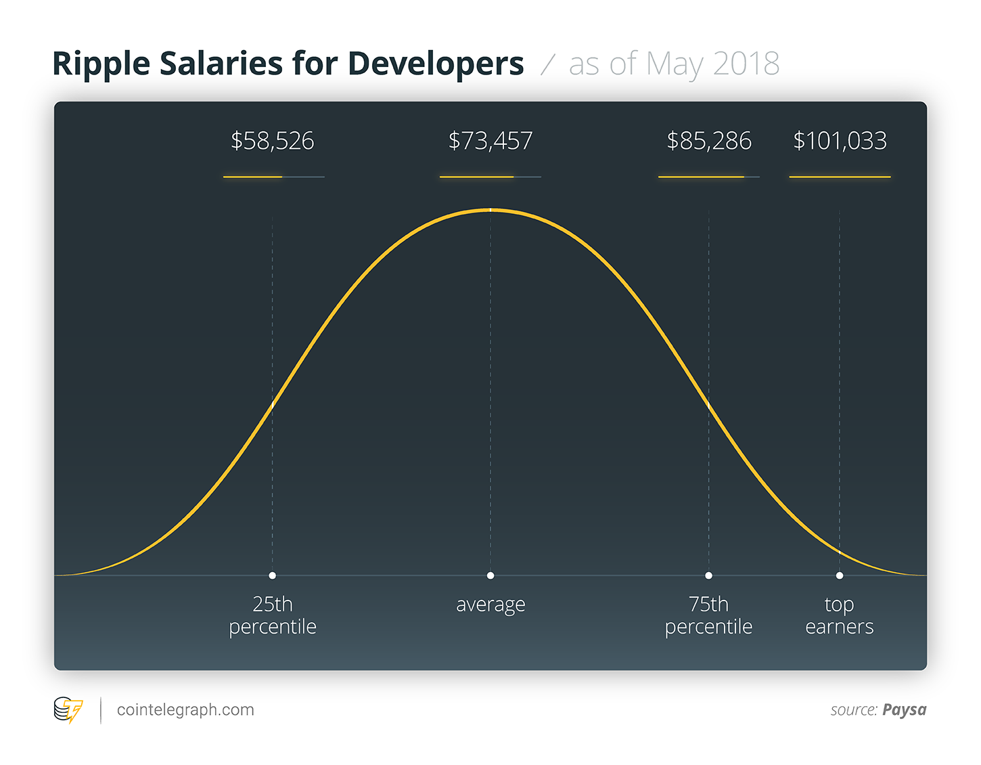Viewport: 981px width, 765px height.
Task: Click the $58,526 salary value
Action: [x=273, y=141]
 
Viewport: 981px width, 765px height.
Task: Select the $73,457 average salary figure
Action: [x=491, y=141]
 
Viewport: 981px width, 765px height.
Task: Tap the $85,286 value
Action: [x=709, y=141]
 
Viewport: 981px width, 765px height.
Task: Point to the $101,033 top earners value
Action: [x=840, y=141]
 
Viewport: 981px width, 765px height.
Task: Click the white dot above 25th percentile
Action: [x=272, y=575]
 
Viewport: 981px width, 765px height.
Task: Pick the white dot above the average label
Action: [x=491, y=575]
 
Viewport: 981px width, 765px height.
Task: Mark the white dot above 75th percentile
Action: [x=708, y=575]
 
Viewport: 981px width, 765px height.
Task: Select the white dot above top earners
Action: [x=840, y=575]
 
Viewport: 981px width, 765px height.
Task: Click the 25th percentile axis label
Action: [x=273, y=615]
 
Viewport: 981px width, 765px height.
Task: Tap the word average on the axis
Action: [x=491, y=605]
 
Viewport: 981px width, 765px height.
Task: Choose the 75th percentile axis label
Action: [x=708, y=615]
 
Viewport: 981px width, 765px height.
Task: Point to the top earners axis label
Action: [x=840, y=615]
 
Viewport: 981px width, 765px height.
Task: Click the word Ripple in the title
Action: [x=101, y=64]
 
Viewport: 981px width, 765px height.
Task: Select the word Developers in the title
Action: [x=436, y=64]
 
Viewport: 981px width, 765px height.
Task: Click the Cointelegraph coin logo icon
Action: [x=68, y=710]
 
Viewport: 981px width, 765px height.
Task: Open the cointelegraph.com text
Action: [x=185, y=710]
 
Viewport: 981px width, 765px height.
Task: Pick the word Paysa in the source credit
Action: [x=905, y=710]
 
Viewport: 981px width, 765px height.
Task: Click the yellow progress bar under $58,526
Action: [x=253, y=177]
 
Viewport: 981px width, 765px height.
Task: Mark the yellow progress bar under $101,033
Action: [x=840, y=177]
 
